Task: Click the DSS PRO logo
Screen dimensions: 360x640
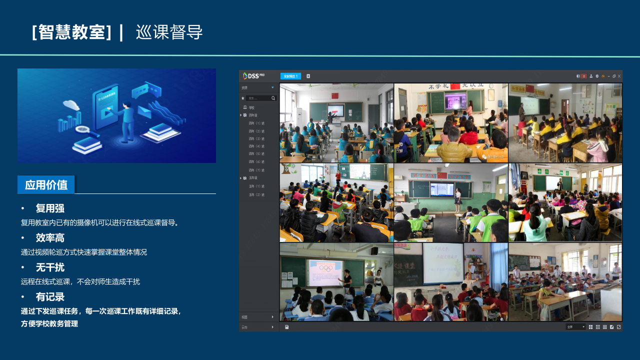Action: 253,76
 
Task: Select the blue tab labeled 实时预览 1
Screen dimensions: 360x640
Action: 290,76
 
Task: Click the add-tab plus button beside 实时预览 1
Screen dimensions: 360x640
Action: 308,76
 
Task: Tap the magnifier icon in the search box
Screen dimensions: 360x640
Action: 273,98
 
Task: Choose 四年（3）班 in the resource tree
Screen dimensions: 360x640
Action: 256,138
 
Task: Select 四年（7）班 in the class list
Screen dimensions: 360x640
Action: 256,170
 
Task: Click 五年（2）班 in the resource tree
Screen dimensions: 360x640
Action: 256,194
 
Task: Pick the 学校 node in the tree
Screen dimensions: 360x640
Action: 251,107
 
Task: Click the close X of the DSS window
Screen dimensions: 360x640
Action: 619,76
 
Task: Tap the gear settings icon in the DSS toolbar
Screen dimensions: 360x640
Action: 597,76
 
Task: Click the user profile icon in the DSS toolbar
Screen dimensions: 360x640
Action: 590,76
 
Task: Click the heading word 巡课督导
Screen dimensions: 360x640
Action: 169,32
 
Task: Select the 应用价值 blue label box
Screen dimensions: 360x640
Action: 46,184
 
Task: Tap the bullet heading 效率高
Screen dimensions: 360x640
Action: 50,238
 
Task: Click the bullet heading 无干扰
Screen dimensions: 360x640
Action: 50,267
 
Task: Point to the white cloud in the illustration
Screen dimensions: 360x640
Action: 71,105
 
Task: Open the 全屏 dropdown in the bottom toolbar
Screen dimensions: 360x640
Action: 575,326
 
